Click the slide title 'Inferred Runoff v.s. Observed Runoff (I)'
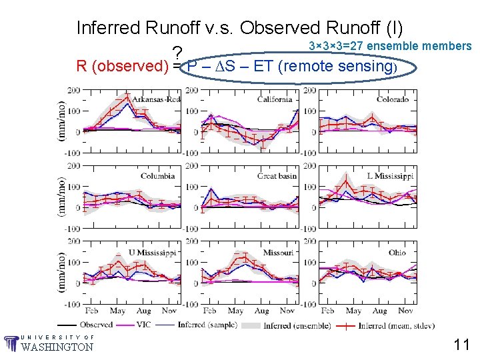pos(240,28)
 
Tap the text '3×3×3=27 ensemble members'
pos(391,46)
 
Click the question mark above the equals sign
pos(177,53)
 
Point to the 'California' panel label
pos(275,99)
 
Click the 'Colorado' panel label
pos(393,99)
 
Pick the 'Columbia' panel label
pos(157,176)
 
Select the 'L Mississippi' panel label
pos(390,176)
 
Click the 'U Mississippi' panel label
pos(152,253)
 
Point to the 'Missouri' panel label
pos(278,253)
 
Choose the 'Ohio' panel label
pos(398,253)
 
